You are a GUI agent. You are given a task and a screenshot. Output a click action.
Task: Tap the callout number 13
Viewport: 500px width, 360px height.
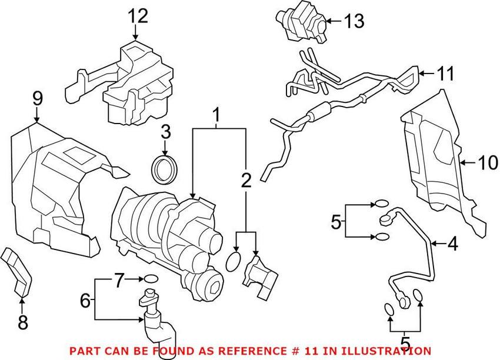click(354, 22)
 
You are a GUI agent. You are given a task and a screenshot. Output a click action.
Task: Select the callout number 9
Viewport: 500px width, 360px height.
click(37, 99)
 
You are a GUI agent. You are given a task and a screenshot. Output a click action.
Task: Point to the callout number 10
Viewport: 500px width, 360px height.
click(488, 163)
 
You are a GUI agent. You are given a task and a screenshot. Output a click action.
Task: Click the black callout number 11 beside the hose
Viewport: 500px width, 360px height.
click(446, 74)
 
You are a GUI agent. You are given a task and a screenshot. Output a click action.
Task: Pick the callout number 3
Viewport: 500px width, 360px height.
click(165, 131)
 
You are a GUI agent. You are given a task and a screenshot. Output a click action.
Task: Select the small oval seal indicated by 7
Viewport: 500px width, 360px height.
click(151, 278)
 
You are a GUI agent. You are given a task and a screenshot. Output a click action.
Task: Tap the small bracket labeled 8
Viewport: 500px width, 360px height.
click(18, 274)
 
